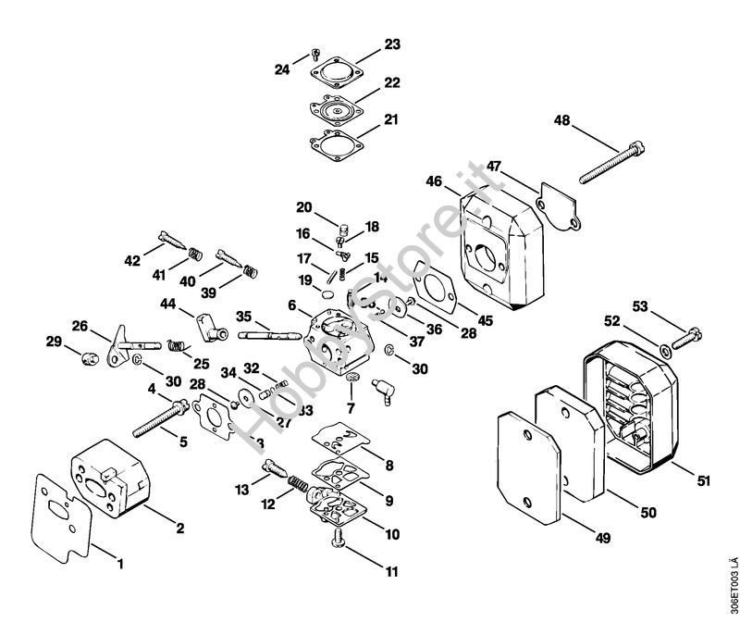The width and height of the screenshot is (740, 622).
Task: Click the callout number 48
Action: click(563, 120)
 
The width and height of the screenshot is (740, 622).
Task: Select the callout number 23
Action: click(392, 44)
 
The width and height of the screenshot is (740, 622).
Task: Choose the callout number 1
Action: click(119, 561)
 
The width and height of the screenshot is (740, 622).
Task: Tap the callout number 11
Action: click(392, 572)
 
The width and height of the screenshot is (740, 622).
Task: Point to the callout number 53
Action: click(640, 305)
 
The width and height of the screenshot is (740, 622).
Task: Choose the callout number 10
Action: click(392, 533)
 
